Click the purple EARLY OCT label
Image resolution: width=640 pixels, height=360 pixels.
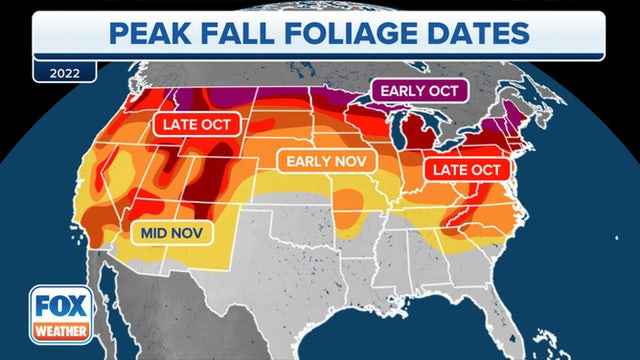[x=420, y=90]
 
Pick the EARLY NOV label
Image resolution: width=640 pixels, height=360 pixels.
[x=326, y=161]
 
